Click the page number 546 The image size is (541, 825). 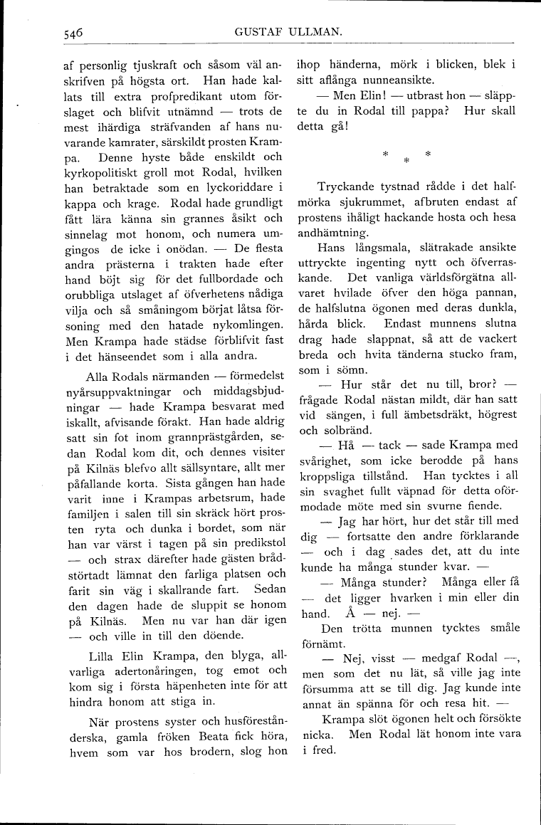coord(73,32)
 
